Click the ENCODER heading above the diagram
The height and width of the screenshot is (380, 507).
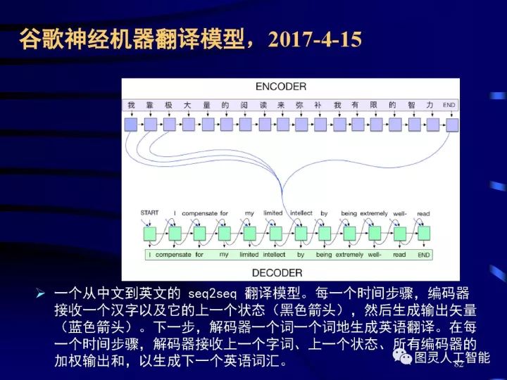click(280, 87)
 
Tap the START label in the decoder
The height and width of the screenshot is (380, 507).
click(149, 213)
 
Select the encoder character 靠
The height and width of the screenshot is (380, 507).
click(149, 105)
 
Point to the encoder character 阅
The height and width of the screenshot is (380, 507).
click(243, 105)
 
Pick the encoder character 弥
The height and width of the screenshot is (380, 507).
click(299, 105)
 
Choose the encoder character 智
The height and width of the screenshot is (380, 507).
click(411, 105)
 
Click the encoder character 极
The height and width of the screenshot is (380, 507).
click(168, 105)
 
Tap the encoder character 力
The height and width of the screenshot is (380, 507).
click(430, 105)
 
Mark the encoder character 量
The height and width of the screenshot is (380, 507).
click(206, 105)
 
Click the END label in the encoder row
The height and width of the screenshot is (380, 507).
click(449, 105)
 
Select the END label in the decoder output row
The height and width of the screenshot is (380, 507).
click(423, 254)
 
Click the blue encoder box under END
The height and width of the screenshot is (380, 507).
click(451, 125)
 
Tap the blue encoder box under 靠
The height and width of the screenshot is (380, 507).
click(150, 125)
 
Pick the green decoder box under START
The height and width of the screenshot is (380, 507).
click(149, 233)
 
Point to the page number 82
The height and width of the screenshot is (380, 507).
click(459, 365)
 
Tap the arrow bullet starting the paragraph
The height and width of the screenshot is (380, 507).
click(40, 293)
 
